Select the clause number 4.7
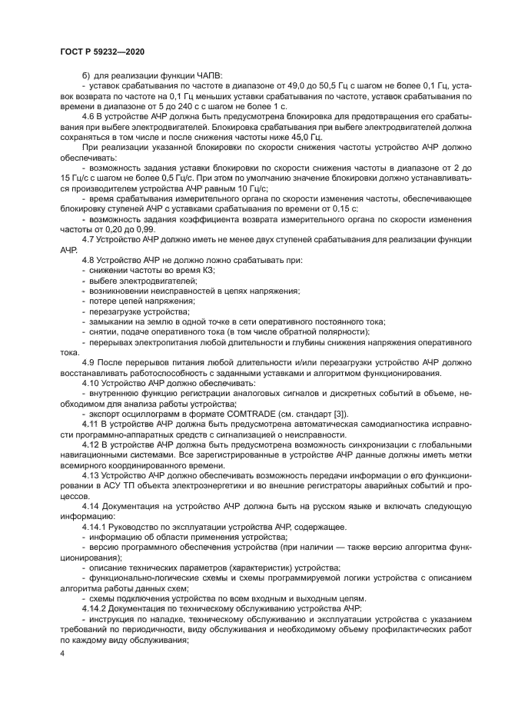tap(88, 238)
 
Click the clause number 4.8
tap(88, 260)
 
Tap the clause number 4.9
tap(88, 362)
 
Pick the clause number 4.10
tap(91, 382)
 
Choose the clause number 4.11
tap(91, 424)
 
